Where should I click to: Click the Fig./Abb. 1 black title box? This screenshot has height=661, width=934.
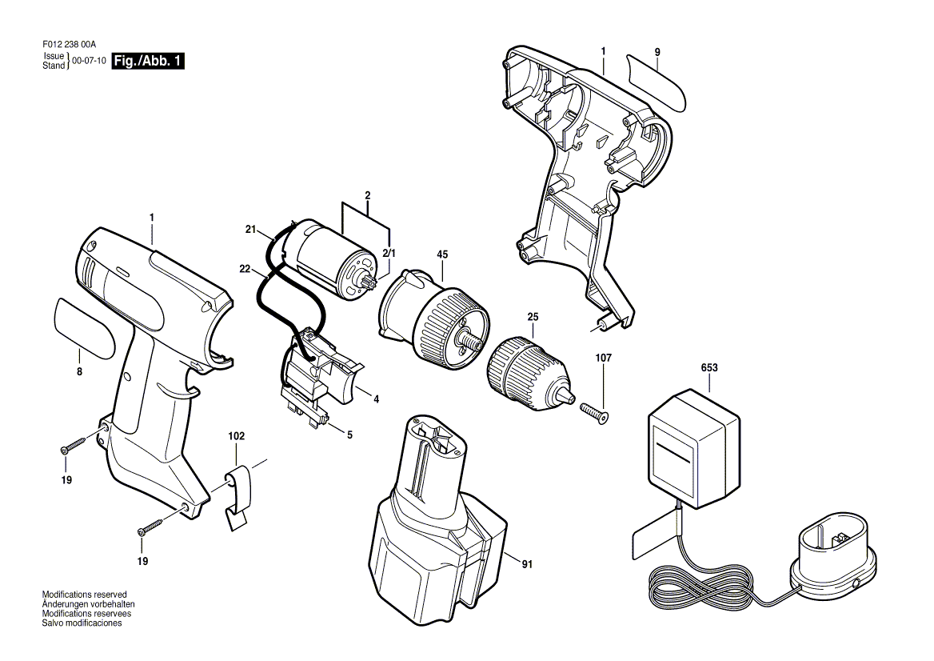click(x=148, y=61)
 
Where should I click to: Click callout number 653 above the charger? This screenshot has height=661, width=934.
click(x=709, y=368)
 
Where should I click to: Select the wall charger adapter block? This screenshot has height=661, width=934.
click(x=694, y=449)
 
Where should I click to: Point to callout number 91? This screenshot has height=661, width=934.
click(x=526, y=564)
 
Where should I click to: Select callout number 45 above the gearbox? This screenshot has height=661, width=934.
click(x=442, y=254)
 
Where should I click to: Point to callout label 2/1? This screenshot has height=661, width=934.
click(x=389, y=254)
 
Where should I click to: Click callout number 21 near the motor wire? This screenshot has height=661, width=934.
click(x=250, y=230)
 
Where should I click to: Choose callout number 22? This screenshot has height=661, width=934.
click(x=245, y=269)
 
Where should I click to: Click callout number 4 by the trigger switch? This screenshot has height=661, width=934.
click(x=377, y=399)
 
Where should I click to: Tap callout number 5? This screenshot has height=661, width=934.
click(x=349, y=435)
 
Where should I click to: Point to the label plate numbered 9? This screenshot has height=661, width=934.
click(x=657, y=82)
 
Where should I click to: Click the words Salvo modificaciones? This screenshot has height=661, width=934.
click(x=82, y=623)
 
